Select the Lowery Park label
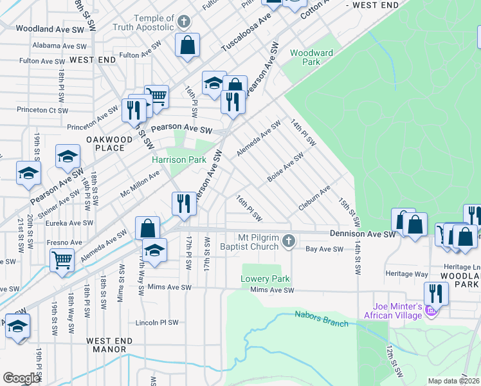pos(265,279)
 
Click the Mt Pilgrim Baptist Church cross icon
pos(289,241)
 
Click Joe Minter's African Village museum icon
pos(431,312)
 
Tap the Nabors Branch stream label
pos(321,318)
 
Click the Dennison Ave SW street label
pos(362,234)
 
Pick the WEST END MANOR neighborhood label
pos(109,345)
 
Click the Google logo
pos(21,378)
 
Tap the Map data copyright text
pos(453,381)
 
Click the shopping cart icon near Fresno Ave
pos(62,259)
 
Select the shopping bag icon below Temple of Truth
pos(187,45)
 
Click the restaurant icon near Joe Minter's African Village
pos(436,293)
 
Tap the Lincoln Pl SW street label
pos(156,323)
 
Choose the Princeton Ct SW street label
pos(44,111)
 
